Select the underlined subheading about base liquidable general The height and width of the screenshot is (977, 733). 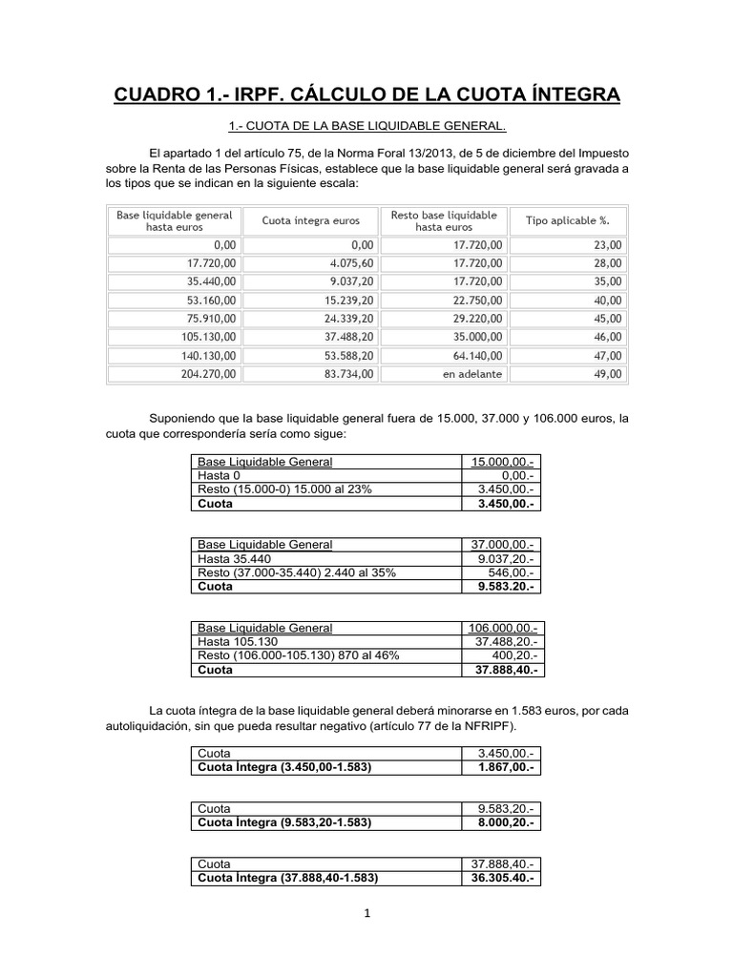[x=366, y=126]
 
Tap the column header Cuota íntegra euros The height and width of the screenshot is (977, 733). [x=310, y=220]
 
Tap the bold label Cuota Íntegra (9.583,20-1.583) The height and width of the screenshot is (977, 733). [x=283, y=821]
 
